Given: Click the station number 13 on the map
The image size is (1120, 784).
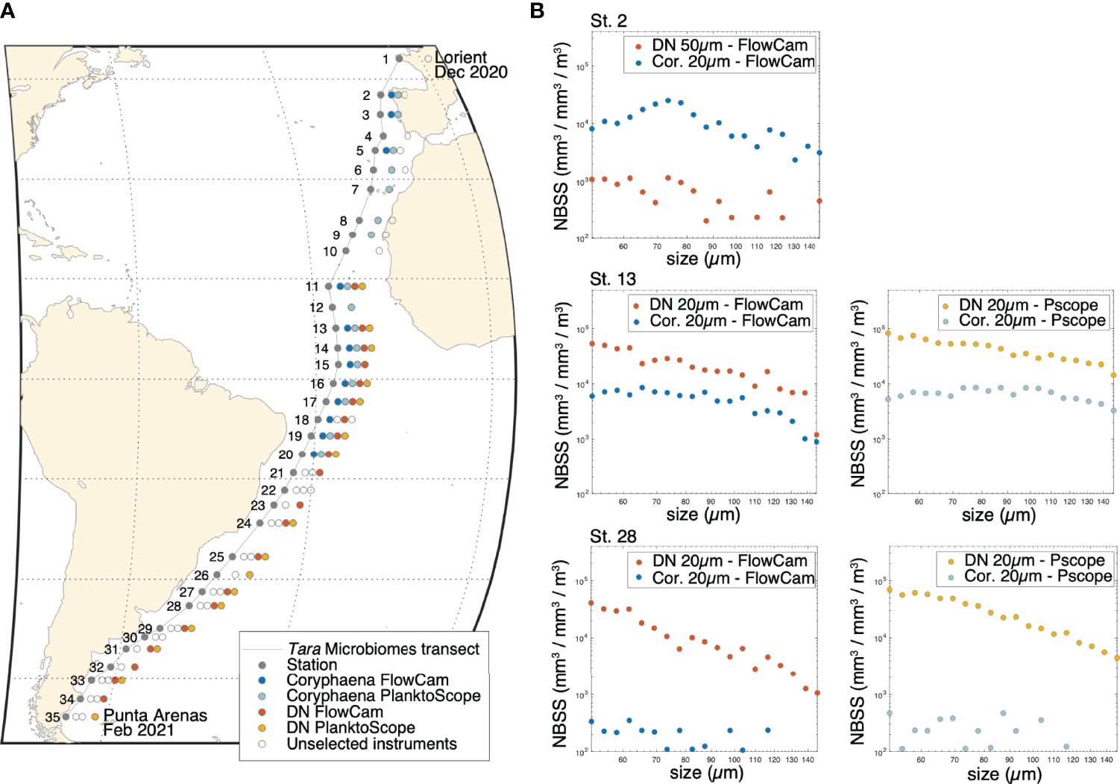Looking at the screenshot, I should (319, 329).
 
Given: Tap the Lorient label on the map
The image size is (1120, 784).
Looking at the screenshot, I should (461, 57).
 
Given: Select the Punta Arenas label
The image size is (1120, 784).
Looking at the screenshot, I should (155, 715).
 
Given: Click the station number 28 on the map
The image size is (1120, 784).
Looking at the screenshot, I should (174, 606).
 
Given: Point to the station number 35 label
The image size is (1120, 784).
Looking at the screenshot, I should (52, 717).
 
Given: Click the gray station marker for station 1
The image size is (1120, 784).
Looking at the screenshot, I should (399, 58).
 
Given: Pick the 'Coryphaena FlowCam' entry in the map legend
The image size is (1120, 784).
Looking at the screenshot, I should (367, 680).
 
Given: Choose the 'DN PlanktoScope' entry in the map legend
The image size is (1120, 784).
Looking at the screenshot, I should (350, 727).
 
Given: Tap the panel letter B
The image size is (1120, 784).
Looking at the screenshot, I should (536, 10).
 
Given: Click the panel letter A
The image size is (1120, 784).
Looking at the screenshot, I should (7, 10).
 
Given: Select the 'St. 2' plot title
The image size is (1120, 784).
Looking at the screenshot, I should (608, 21).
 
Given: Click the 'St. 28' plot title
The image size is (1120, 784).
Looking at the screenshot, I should (613, 536).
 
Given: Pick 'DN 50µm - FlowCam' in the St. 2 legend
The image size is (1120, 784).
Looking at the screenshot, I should (729, 46).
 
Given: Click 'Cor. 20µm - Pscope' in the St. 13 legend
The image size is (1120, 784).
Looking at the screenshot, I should (1032, 321).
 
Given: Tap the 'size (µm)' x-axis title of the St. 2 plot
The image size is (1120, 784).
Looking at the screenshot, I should (703, 259).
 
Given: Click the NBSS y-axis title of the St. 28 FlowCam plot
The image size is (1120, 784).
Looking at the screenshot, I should (561, 653).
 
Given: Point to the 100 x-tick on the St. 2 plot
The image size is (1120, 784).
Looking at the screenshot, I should (736, 246).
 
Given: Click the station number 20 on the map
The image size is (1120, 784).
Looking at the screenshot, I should (286, 454).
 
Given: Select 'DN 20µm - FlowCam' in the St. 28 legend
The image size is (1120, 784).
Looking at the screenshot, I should (729, 561).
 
